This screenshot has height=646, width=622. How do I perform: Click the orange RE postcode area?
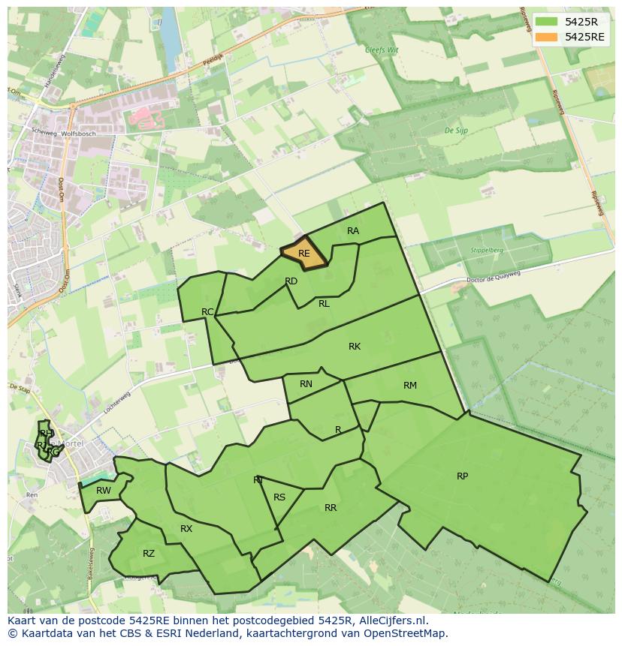[x=303, y=254]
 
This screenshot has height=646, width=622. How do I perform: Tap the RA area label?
[x=353, y=231]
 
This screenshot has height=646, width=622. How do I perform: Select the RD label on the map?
[x=291, y=281]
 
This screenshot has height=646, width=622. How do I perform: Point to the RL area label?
[x=324, y=304]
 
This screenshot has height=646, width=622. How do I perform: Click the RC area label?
[x=208, y=311]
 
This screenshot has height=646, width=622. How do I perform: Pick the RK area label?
[x=355, y=347]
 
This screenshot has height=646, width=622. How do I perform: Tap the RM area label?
[x=409, y=386]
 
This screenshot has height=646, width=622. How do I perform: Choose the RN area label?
[x=306, y=384]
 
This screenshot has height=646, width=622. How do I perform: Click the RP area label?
[x=462, y=476]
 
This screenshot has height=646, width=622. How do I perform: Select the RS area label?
[x=279, y=497]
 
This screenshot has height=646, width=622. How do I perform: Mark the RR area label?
[x=331, y=508]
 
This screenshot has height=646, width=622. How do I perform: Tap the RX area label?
[x=186, y=529]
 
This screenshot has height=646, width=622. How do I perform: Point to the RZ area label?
[x=149, y=554]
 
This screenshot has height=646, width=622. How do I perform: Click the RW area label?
[x=104, y=491]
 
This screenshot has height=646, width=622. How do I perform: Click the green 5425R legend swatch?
[x=546, y=22]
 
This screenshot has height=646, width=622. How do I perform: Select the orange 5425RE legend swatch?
[x=546, y=37]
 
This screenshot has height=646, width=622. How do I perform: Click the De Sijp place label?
[x=457, y=131]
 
